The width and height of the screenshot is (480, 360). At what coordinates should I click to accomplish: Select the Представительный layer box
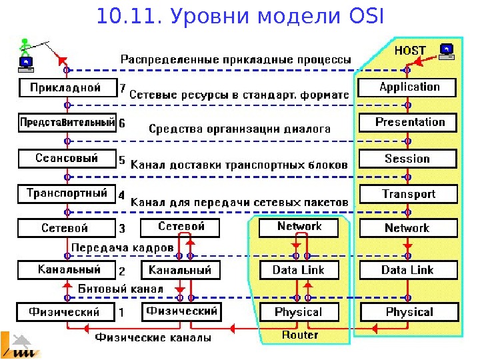pos(67,123)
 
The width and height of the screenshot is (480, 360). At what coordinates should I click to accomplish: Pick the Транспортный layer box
pos(67,194)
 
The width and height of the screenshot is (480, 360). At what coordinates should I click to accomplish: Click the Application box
pos(408,87)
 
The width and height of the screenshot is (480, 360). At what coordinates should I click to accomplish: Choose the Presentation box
pos(408,123)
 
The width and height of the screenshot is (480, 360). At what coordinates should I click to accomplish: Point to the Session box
pos(408,159)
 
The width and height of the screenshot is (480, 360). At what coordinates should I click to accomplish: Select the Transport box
pos(408,194)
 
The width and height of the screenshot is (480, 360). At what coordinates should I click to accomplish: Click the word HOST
pos(410,51)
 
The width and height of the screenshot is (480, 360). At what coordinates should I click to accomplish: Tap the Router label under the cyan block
pos(300,335)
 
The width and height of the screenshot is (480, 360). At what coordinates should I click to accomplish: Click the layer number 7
pos(122,87)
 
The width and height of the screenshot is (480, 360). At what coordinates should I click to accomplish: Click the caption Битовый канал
pos(121,289)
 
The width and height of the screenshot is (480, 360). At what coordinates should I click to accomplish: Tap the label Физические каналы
pos(153,337)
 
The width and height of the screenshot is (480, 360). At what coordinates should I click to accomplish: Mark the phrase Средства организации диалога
pos(239,129)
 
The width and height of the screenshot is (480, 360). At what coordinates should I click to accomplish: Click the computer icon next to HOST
pos(446,51)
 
